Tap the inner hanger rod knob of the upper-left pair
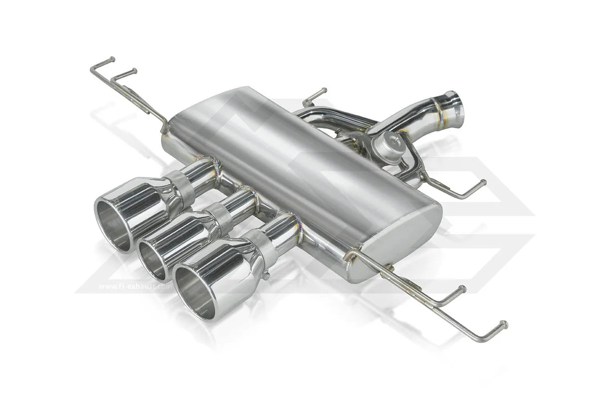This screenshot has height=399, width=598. (133, 71)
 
